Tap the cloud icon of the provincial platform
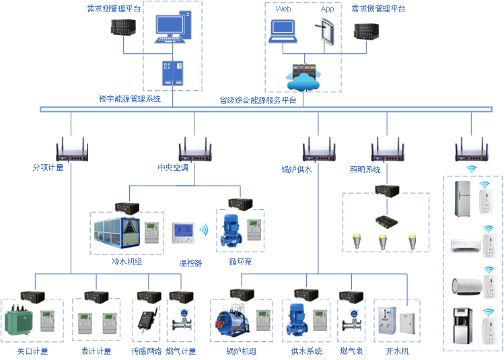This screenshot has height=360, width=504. tap(303, 79)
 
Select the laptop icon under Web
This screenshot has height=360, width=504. tap(283, 31)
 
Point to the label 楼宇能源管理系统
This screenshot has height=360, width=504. tap(130, 99)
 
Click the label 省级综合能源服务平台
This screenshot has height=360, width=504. tap(258, 100)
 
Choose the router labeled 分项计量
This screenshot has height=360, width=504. tap(71, 149)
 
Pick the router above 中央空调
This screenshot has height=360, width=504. tap(194, 149)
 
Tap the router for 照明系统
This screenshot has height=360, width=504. tap(386, 149)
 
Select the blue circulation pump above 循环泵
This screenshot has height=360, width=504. tap(230, 230)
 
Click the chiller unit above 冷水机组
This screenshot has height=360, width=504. tap(116, 233)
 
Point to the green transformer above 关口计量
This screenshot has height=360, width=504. tap(20, 320)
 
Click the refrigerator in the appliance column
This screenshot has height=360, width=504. tap(466, 197)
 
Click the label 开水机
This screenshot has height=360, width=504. tap(397, 351)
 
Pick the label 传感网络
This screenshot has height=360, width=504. tap(146, 351)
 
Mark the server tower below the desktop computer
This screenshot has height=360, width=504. tap(172, 73)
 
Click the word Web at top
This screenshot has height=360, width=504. tap(283, 9)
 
